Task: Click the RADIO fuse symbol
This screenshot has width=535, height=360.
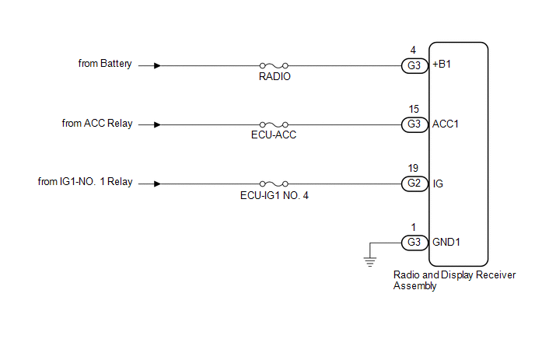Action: tap(274, 65)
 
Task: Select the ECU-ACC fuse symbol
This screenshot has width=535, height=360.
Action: tap(274, 125)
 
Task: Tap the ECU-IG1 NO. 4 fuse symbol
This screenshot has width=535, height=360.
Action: tap(274, 184)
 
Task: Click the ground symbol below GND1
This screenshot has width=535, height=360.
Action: tap(370, 261)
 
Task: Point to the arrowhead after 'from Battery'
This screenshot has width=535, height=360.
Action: tap(157, 65)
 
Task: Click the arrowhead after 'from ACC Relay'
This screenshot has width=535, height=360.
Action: tap(157, 125)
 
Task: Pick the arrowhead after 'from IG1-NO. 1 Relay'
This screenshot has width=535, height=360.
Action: tap(157, 184)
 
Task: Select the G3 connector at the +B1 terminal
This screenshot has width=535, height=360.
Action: tap(414, 65)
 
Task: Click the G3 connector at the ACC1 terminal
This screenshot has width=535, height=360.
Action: tap(414, 124)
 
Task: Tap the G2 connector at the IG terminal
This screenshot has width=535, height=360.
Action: tap(414, 183)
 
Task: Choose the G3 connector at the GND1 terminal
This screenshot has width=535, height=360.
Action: tap(414, 243)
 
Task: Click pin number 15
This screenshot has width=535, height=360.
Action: tap(414, 109)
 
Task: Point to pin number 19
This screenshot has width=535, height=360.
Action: tap(413, 168)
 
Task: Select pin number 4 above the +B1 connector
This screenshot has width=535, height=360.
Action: tap(413, 51)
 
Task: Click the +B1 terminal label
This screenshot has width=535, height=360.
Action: tap(442, 65)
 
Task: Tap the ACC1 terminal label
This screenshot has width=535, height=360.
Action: tap(446, 124)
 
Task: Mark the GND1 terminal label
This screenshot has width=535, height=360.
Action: tap(446, 243)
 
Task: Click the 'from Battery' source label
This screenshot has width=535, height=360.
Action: tap(105, 64)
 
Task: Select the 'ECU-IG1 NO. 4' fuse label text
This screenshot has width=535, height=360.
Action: tap(274, 195)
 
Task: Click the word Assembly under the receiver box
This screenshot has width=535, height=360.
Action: tap(415, 286)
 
